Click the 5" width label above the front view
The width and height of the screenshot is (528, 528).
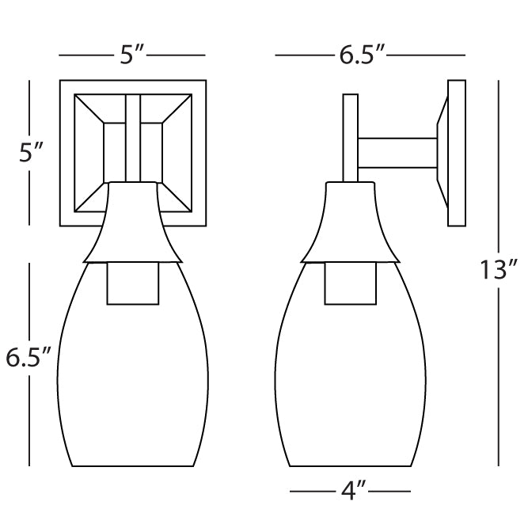[132, 55]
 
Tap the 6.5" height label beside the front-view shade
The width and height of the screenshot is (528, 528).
[29, 359]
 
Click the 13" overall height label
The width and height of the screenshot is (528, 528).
[499, 270]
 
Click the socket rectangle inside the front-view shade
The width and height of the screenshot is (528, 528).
[133, 283]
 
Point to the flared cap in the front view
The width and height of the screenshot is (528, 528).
[133, 226]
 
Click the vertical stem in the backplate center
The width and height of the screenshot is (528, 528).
[133, 139]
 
